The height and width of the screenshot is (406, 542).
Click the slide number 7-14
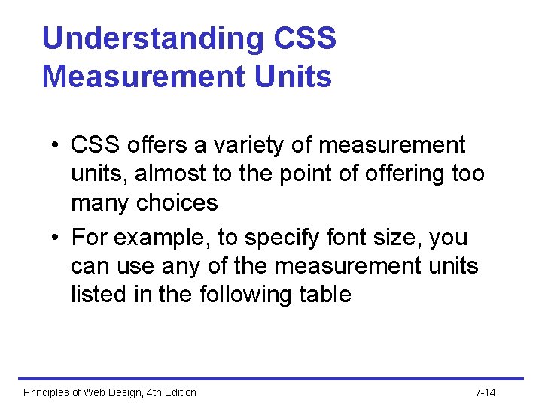pos(486,392)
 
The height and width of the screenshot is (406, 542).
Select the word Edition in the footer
pos(178,392)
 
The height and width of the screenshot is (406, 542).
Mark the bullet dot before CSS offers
pos(56,145)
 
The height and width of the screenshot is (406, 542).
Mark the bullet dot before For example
pos(56,238)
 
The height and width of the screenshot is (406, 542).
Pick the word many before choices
pos(101,203)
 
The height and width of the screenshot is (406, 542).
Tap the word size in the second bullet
pos(397,238)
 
